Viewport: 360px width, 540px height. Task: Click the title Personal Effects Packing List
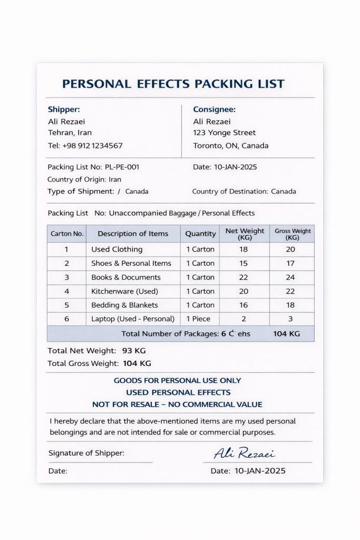[x=173, y=84]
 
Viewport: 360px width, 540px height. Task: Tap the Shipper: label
[x=64, y=110]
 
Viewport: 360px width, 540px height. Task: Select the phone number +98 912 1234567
[x=92, y=146]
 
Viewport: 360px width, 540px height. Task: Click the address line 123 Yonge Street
[x=224, y=133]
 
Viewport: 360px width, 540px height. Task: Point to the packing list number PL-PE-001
[x=122, y=167]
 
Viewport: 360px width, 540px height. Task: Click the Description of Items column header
[x=133, y=234]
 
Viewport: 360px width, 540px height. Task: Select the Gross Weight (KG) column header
[x=293, y=234]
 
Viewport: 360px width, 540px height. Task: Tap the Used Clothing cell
[x=116, y=249]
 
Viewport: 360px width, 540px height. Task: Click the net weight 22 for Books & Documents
[x=244, y=277]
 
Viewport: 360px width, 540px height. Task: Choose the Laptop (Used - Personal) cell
[x=133, y=319]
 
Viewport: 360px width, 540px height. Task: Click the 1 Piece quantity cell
[x=198, y=319]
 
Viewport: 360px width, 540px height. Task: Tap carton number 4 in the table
[x=66, y=291]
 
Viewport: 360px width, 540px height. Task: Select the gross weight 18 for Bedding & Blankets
[x=290, y=305]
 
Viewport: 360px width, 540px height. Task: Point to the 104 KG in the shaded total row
[x=286, y=334]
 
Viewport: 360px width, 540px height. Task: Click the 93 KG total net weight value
[x=134, y=351]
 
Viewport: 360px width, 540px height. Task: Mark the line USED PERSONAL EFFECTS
[x=178, y=392]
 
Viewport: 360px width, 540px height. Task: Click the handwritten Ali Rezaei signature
[x=244, y=454]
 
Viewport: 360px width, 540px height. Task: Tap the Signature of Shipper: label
[x=86, y=453]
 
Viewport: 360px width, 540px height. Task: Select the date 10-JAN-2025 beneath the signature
[x=260, y=471]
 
